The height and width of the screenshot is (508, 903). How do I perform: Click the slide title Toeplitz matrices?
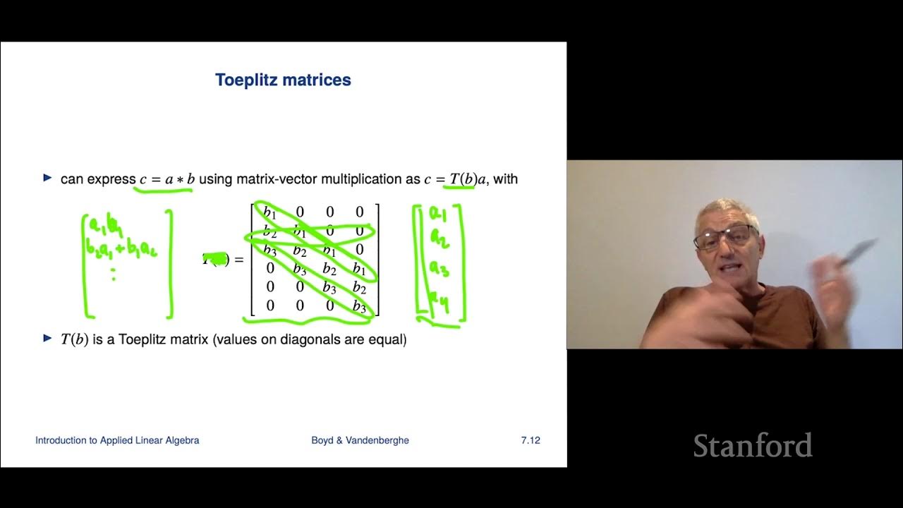pyautogui.click(x=283, y=80)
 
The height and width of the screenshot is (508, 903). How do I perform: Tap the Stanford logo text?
pyautogui.click(x=752, y=446)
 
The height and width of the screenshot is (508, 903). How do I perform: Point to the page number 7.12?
pyautogui.click(x=531, y=440)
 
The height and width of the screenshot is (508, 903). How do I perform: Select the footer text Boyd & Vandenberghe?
pyautogui.click(x=360, y=440)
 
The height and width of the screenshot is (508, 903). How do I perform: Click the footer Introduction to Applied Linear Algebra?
pyautogui.click(x=117, y=440)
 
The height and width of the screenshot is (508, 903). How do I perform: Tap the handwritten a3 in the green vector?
pyautogui.click(x=438, y=269)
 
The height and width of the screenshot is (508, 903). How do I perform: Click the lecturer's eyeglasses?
pyautogui.click(x=725, y=238)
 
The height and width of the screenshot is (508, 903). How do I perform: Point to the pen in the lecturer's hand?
pyautogui.click(x=856, y=253)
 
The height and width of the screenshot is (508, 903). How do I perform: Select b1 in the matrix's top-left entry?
pyautogui.click(x=269, y=212)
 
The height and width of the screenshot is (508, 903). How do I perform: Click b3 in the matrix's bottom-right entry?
pyautogui.click(x=359, y=306)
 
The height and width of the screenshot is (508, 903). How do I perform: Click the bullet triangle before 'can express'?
pyautogui.click(x=48, y=178)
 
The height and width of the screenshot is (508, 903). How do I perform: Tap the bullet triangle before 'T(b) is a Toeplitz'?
pyautogui.click(x=48, y=338)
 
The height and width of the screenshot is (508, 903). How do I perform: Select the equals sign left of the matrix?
pyautogui.click(x=238, y=260)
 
